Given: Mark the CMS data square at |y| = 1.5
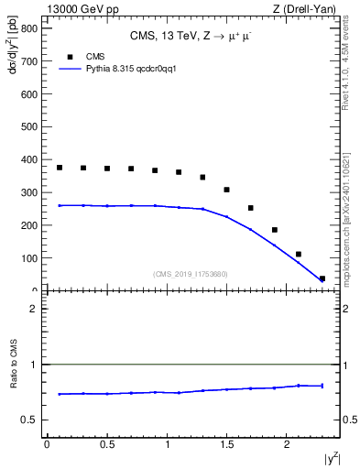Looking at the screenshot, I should coord(226,190).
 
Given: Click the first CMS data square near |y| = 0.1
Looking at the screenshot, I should coord(60,168).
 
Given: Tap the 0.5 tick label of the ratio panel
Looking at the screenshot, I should coord(29,420).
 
